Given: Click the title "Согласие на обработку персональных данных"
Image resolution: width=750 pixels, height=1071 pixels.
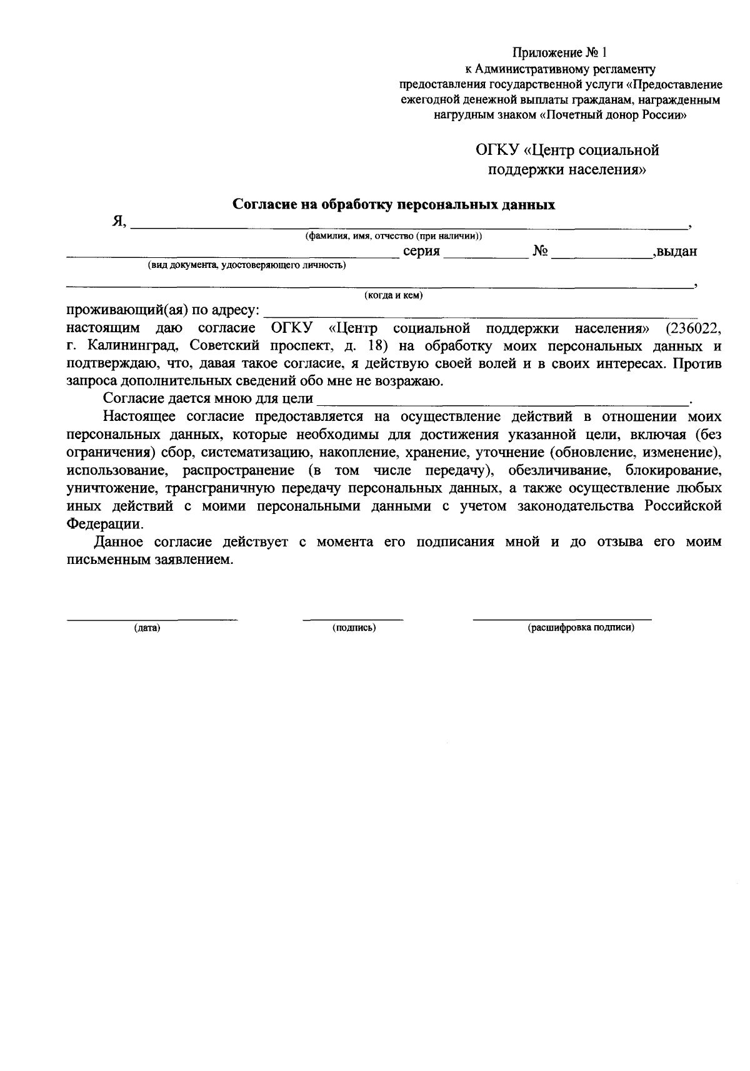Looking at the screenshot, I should (394, 205).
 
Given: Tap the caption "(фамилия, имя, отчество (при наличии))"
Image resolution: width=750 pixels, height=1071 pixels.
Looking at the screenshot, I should (393, 236).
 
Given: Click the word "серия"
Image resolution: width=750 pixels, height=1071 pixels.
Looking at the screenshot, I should (422, 252).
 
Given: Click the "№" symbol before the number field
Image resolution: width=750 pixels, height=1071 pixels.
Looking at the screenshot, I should (541, 252).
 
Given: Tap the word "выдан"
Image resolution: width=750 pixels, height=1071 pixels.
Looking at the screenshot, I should (676, 252).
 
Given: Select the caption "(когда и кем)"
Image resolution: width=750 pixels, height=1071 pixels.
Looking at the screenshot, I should (393, 295).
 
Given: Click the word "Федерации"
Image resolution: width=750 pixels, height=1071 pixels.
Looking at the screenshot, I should (100, 523).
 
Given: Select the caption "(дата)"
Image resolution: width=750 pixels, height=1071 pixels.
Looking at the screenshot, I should (147, 628).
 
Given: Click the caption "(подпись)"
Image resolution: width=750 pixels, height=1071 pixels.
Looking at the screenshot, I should (354, 628).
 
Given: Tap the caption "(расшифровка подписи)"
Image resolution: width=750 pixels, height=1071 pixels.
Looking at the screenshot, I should (581, 628).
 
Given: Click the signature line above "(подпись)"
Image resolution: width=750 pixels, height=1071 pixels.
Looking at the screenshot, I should (353, 619).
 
